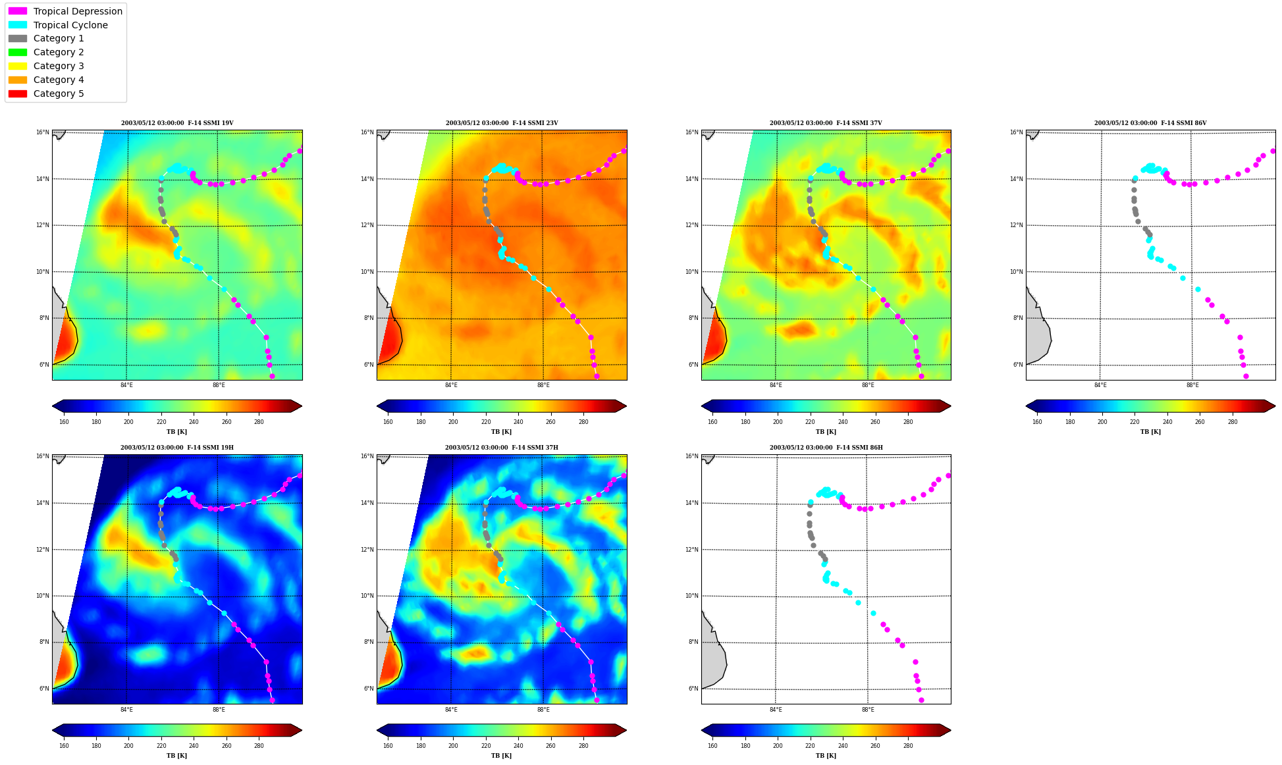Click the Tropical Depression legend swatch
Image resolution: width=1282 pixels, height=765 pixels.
[18, 11]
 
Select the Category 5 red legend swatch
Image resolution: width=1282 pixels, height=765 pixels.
[18, 93]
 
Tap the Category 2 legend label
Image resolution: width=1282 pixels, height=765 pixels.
[59, 52]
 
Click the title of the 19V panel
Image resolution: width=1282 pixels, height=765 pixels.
[177, 123]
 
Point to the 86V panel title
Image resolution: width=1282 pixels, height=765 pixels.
[1150, 123]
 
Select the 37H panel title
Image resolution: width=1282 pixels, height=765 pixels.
[502, 448]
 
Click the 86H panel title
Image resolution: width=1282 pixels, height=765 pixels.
[826, 448]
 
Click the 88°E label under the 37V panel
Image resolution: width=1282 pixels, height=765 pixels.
[868, 386]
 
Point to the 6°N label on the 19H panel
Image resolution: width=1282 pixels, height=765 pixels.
[44, 689]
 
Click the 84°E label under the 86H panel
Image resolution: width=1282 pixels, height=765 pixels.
[776, 710]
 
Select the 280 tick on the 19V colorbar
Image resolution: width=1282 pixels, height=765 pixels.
[259, 422]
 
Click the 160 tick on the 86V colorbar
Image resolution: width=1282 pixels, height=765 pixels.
[1037, 422]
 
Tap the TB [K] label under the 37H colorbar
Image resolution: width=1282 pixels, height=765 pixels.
[501, 756]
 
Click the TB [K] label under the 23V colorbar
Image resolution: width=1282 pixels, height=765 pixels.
[501, 432]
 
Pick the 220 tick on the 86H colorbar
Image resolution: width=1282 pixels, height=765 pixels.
[810, 746]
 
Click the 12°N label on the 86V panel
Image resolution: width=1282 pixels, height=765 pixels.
[1016, 225]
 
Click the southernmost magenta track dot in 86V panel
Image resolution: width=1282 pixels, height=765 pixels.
[1246, 377]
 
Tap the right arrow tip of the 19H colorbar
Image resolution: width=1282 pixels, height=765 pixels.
[302, 730]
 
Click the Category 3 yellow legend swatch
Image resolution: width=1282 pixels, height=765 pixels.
[18, 66]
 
